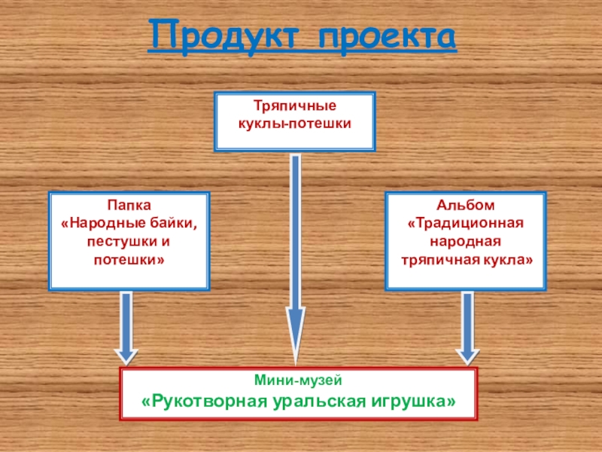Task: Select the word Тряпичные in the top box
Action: click(x=295, y=107)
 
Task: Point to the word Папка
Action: click(x=129, y=205)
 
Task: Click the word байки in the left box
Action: click(x=178, y=223)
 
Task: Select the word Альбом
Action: click(x=465, y=205)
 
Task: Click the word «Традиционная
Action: click(x=465, y=223)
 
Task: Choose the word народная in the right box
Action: click(x=465, y=241)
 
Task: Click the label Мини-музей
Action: click(x=299, y=381)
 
